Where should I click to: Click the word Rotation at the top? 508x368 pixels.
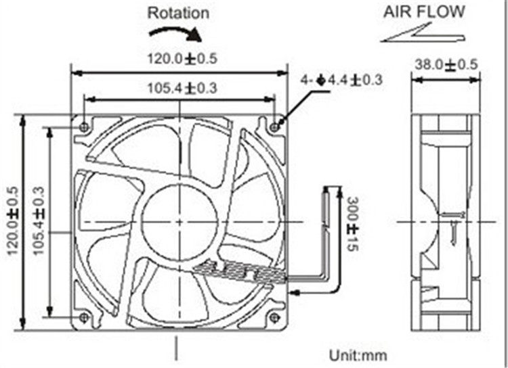[179, 12]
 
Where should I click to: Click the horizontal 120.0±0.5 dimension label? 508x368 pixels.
[182, 59]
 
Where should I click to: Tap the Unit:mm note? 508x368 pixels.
[358, 354]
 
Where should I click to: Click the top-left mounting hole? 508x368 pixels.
[83, 127]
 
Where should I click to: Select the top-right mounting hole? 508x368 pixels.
[274, 127]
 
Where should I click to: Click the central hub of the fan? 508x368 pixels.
[179, 221]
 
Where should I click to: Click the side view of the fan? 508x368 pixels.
[446, 221]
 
